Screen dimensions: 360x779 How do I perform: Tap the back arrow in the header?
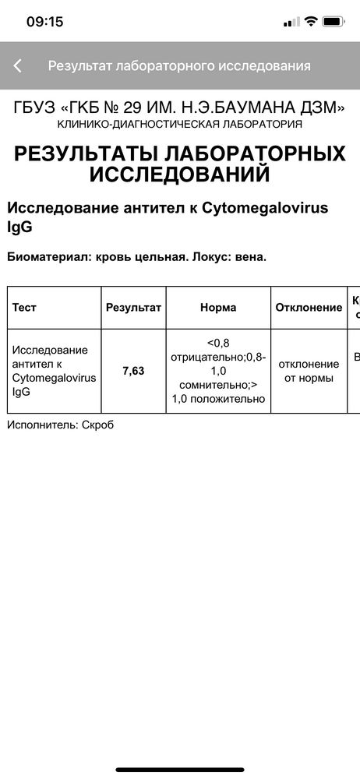17,66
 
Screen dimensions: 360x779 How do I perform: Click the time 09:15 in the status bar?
44,22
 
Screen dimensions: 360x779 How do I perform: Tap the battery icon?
334,21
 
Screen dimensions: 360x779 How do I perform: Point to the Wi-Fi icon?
310,21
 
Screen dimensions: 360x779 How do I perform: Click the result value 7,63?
133,371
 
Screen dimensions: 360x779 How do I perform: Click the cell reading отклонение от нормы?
309,371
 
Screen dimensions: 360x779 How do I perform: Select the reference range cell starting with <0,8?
218,371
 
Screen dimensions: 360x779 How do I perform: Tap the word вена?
250,256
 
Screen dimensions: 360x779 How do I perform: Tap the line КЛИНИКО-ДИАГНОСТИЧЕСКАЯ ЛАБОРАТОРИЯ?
180,125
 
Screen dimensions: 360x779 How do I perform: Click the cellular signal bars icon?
291,22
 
